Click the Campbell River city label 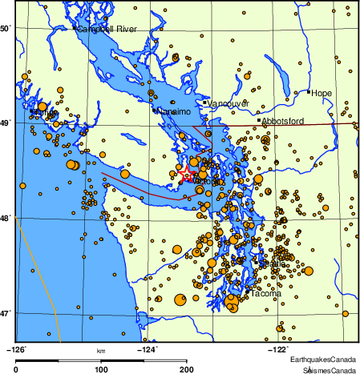pyautogui.click(x=107, y=30)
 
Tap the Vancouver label pyautogui.click(x=229, y=103)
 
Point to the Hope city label pyautogui.click(x=322, y=93)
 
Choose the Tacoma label pyautogui.click(x=266, y=294)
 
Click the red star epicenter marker pyautogui.click(x=186, y=174)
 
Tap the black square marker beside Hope pyautogui.click(x=309, y=92)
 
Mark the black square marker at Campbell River pyautogui.click(x=75, y=29)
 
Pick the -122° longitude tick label pyautogui.click(x=278, y=349)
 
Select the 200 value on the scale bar pyautogui.click(x=187, y=369)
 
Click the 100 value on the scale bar pyautogui.click(x=102, y=369)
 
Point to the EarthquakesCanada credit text pyautogui.click(x=323, y=360)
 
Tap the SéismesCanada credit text pyautogui.click(x=329, y=369)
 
